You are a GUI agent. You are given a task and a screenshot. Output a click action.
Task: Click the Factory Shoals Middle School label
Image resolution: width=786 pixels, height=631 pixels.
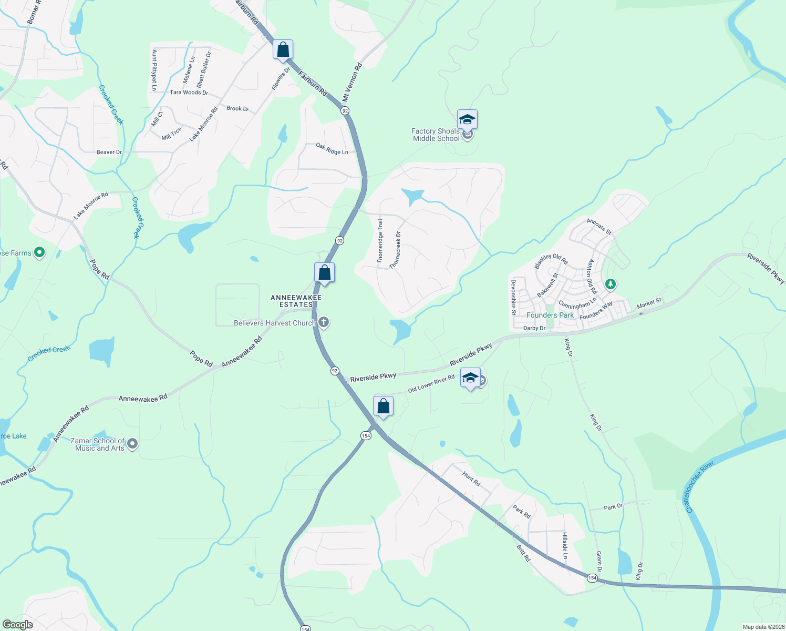click(436, 135)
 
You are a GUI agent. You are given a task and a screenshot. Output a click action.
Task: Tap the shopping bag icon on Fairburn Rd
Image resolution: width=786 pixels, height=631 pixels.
click(283, 50)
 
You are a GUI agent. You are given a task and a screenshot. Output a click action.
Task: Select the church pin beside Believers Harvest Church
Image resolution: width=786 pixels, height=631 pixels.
click(324, 322)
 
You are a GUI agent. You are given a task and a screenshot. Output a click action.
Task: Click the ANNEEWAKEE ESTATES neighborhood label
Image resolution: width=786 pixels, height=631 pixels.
click(296, 301)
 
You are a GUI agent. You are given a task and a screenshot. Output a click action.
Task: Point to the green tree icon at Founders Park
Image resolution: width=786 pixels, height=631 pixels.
click(610, 284)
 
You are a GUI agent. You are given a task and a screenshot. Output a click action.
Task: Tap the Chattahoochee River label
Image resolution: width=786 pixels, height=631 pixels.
click(700, 487)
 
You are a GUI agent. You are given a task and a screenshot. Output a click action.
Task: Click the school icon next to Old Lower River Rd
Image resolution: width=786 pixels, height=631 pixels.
click(470, 378)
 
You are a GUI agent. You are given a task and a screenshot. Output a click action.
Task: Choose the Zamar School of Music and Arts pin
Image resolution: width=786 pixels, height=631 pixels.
click(132, 444)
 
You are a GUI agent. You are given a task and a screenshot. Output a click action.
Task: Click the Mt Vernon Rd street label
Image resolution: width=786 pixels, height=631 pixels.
click(352, 83)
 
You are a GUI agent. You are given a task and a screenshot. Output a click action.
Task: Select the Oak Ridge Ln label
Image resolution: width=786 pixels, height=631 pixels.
click(332, 149)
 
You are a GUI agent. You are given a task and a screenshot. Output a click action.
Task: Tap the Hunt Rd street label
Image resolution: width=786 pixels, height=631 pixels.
click(471, 479)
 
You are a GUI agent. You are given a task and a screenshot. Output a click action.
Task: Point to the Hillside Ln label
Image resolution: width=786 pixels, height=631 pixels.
click(565, 545)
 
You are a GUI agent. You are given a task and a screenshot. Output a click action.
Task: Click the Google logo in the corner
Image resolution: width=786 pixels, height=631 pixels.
click(17, 625)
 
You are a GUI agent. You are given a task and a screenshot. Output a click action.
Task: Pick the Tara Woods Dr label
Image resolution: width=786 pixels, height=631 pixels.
click(189, 93)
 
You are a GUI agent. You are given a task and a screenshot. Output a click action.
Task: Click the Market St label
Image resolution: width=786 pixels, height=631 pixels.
click(649, 303)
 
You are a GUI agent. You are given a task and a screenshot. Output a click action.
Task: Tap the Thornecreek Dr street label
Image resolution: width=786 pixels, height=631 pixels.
click(395, 250)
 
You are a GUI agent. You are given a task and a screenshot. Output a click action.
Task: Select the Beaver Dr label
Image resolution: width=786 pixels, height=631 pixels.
click(109, 152)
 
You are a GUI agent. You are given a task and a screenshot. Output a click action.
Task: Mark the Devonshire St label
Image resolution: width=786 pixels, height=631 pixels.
click(513, 297)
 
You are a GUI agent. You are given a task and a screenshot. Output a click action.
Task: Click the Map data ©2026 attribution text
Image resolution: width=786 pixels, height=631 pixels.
click(762, 627)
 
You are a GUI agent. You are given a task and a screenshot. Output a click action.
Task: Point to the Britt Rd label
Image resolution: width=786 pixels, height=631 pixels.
click(523, 553)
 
